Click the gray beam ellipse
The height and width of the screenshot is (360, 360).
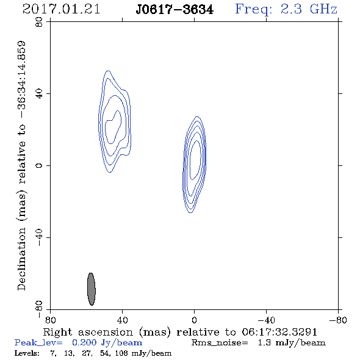click(x=92, y=289)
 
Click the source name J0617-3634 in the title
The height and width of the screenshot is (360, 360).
click(x=175, y=10)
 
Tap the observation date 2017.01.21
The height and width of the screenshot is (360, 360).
click(x=61, y=9)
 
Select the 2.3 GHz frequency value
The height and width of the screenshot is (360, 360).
click(x=309, y=9)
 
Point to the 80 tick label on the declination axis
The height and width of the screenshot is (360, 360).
click(x=39, y=22)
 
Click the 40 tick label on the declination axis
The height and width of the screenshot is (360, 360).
click(x=39, y=94)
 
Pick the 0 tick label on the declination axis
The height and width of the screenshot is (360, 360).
click(x=39, y=165)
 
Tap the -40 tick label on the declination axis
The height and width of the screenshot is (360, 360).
click(x=39, y=237)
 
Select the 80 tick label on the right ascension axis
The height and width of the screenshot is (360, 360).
click(x=50, y=320)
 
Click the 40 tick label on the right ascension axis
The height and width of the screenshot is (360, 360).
click(x=122, y=320)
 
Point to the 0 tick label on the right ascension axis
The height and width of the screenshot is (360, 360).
click(x=194, y=320)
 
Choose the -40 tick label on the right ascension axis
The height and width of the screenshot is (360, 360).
click(x=266, y=320)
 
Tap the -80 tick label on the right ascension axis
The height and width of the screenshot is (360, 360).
click(x=338, y=320)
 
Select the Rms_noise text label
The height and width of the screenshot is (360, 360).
click(x=220, y=343)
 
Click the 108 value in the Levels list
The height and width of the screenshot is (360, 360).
click(x=121, y=353)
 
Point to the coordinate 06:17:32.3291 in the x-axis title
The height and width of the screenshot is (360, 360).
click(x=279, y=332)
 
